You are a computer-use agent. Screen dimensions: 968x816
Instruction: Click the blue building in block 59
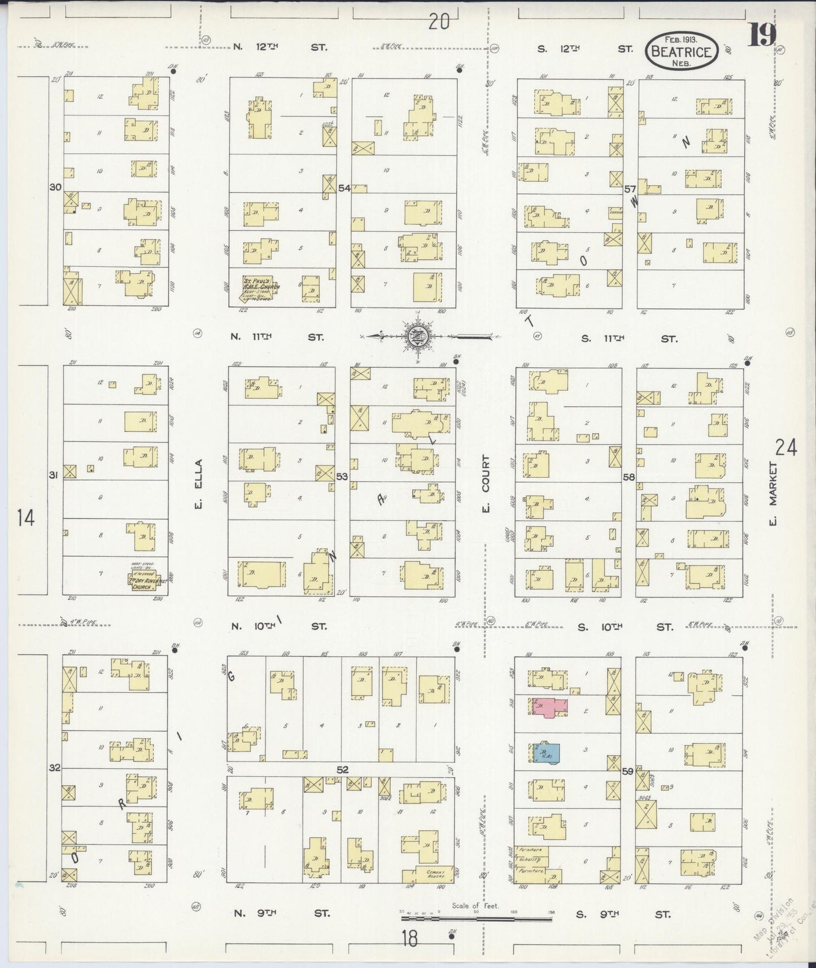coord(547,752)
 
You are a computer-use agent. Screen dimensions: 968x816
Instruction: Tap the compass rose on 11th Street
coord(418,336)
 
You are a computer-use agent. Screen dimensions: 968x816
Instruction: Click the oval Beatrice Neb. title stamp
coord(682,51)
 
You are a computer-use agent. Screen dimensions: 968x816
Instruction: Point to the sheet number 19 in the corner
coord(762,36)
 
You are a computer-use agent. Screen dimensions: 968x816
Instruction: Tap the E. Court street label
coord(485,484)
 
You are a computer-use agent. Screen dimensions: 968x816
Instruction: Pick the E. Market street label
coord(774,494)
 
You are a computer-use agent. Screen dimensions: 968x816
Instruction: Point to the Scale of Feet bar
coord(475,919)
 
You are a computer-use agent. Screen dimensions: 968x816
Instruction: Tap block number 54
coord(344,188)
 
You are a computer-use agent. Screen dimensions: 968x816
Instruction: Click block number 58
coord(629,477)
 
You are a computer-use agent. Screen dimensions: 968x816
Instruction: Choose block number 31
coord(53,475)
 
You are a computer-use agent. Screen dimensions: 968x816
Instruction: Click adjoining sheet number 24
coord(786,448)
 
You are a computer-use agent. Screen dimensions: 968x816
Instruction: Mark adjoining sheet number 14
coord(26,517)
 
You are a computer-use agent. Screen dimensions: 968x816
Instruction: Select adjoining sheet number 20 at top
coord(438,22)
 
